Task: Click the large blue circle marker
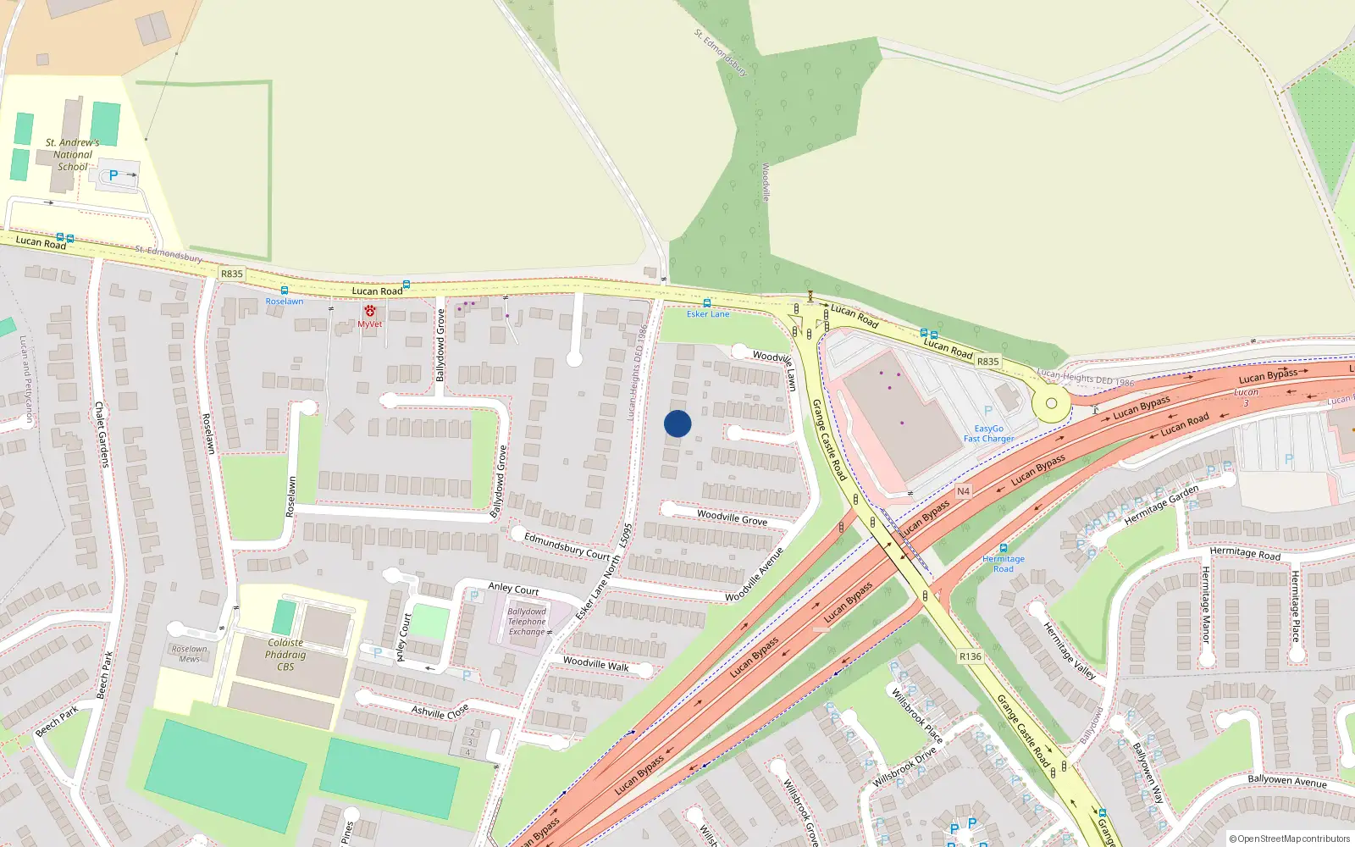click(x=677, y=423)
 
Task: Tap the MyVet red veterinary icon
click(x=369, y=312)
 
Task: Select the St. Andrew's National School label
click(x=73, y=155)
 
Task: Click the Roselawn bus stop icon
click(x=285, y=291)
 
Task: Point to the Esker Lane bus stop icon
click(x=707, y=303)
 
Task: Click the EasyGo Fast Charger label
click(x=988, y=434)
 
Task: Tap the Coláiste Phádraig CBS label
click(x=285, y=655)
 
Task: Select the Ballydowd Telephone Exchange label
click(x=527, y=622)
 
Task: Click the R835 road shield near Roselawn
click(x=231, y=274)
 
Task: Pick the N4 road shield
click(x=963, y=491)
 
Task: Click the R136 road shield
click(x=971, y=656)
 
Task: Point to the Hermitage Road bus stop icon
click(x=1004, y=548)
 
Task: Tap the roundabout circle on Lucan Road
click(x=1051, y=404)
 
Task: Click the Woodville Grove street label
click(x=732, y=517)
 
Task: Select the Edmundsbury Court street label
click(x=567, y=546)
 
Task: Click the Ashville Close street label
click(x=440, y=711)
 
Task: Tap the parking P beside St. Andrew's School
click(x=113, y=175)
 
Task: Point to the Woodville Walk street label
click(x=596, y=664)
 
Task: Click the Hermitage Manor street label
click(x=1206, y=604)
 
